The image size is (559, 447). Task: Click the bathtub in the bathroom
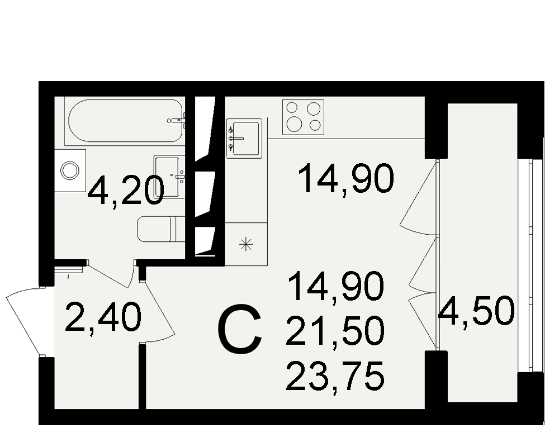(125, 121)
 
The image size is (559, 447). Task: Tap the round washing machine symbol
(69, 170)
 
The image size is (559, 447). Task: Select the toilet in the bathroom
(161, 229)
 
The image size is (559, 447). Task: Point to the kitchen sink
(244, 139)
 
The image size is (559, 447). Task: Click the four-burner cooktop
(303, 117)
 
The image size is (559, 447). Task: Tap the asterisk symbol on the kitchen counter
(246, 244)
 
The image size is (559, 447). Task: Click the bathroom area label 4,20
(126, 192)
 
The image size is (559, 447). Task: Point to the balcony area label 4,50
(477, 311)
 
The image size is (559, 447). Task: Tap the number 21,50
(335, 331)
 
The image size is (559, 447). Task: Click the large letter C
(240, 329)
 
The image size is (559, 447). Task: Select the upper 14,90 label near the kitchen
(346, 179)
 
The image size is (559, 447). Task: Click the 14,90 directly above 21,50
(336, 286)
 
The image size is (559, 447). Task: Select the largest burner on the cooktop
(295, 123)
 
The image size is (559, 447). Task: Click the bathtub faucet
(177, 121)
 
